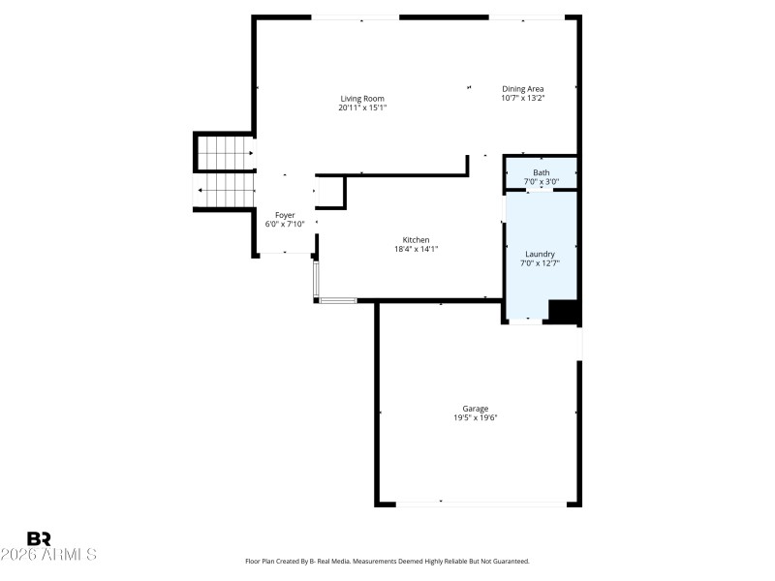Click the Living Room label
click(x=362, y=98)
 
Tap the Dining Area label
click(x=522, y=89)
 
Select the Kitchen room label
click(x=417, y=240)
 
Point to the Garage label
click(x=475, y=409)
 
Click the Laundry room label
click(x=541, y=254)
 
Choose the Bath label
click(x=541, y=172)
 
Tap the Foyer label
click(x=285, y=215)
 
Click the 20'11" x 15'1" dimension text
click(x=362, y=107)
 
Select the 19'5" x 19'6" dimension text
click(x=475, y=418)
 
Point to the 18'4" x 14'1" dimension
click(x=417, y=249)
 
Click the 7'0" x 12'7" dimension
click(x=541, y=262)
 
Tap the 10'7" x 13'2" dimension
click(x=522, y=98)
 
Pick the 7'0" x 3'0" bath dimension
click(x=541, y=181)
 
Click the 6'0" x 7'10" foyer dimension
click(x=285, y=224)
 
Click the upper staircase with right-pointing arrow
click(x=226, y=152)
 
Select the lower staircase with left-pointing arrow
click(x=226, y=190)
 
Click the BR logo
click(x=40, y=537)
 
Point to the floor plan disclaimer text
click(x=387, y=561)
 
